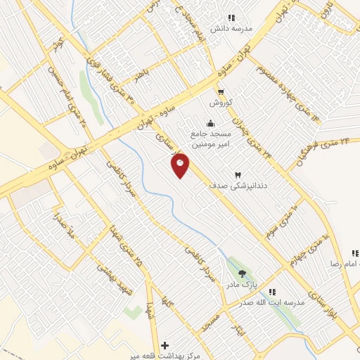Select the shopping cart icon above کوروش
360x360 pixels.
[221, 92]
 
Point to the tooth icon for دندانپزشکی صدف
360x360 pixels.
[238, 174]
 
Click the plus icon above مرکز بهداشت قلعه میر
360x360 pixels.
[165, 345]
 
